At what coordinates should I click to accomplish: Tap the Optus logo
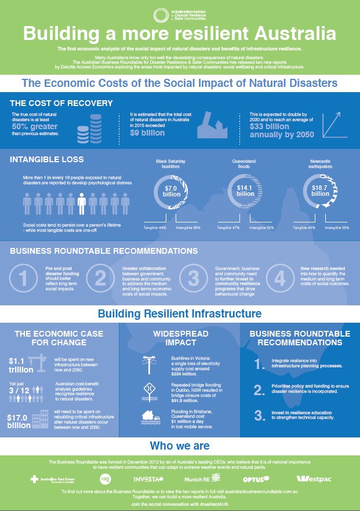point(256,479)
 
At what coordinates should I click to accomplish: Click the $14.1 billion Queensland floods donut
point(245,191)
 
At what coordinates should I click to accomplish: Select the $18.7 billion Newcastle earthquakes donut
point(321,191)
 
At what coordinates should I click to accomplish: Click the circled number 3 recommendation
point(194,278)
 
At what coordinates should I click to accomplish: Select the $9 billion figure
point(148,133)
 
